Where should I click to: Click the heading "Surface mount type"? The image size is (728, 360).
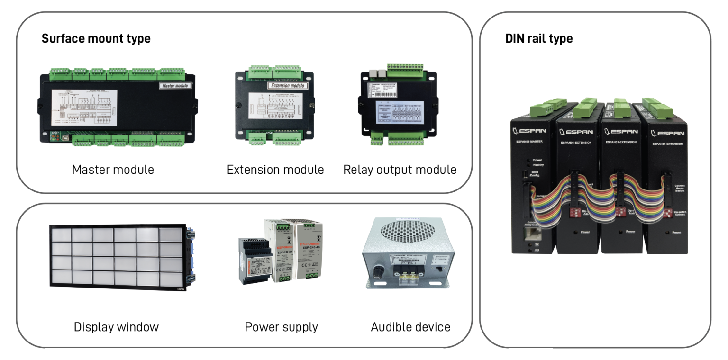click(x=96, y=38)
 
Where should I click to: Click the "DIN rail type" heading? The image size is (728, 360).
click(x=539, y=38)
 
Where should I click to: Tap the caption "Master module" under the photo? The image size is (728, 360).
click(x=113, y=170)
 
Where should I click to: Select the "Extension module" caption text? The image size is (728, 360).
click(x=275, y=170)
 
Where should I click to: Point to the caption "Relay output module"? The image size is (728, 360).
click(x=400, y=170)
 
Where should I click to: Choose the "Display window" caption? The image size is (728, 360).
click(x=116, y=327)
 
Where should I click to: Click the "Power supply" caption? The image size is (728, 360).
click(x=281, y=327)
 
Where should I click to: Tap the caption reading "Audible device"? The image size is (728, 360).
click(x=410, y=327)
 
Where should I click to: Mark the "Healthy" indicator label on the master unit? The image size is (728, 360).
click(x=538, y=165)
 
